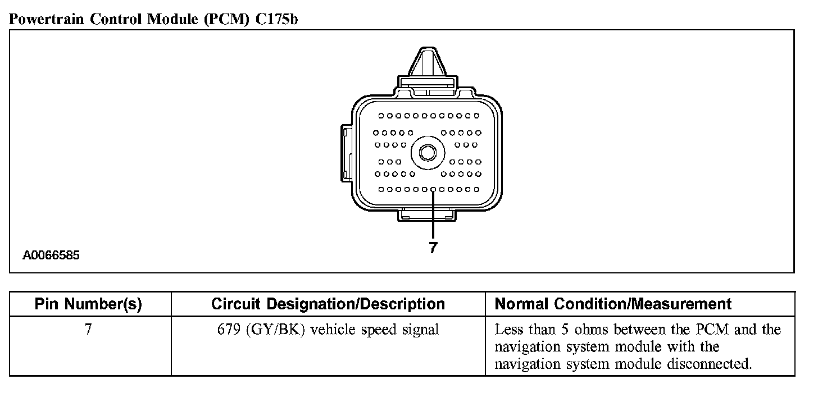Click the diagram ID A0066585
(x=51, y=255)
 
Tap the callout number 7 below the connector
(x=433, y=248)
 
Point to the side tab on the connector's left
(x=346, y=152)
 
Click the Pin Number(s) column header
(x=88, y=304)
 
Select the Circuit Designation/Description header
(x=328, y=304)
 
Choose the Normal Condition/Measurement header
(x=613, y=304)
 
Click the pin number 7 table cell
(x=88, y=330)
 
